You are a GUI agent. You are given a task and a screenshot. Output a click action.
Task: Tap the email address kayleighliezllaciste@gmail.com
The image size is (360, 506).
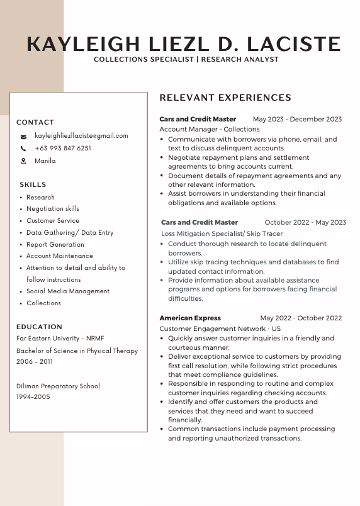[81, 135]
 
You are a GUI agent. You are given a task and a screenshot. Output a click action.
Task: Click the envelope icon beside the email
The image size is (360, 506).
[23, 136]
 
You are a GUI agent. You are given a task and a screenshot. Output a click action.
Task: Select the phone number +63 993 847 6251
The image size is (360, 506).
[63, 149]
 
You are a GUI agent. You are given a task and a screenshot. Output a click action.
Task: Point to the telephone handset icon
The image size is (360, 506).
[23, 149]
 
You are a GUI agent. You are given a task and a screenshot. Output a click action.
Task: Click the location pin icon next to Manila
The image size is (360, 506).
[23, 161]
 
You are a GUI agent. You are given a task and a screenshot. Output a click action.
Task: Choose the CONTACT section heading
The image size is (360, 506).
[35, 122]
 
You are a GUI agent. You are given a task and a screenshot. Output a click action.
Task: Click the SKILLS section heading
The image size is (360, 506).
[33, 184]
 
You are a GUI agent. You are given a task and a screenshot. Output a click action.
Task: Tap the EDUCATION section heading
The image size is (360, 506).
[39, 327]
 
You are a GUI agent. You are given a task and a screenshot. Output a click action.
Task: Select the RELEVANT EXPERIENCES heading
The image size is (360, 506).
[225, 98]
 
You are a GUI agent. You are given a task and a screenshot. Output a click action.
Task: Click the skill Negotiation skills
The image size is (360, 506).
[53, 208]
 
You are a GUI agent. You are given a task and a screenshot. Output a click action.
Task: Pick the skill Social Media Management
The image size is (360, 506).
[68, 291]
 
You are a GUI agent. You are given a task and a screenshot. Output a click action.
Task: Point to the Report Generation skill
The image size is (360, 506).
[55, 244]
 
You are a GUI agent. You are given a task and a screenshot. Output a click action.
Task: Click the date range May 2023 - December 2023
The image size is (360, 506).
[297, 119]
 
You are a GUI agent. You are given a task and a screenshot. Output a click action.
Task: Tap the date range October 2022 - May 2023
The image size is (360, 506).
[305, 222]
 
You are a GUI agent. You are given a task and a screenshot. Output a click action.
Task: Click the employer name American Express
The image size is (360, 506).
[190, 318]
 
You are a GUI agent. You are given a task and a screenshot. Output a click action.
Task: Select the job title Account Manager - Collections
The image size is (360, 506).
[201, 129]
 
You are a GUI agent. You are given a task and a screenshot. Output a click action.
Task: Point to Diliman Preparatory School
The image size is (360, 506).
[58, 386]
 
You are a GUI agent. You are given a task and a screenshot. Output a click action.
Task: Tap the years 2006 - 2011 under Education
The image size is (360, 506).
[35, 362]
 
